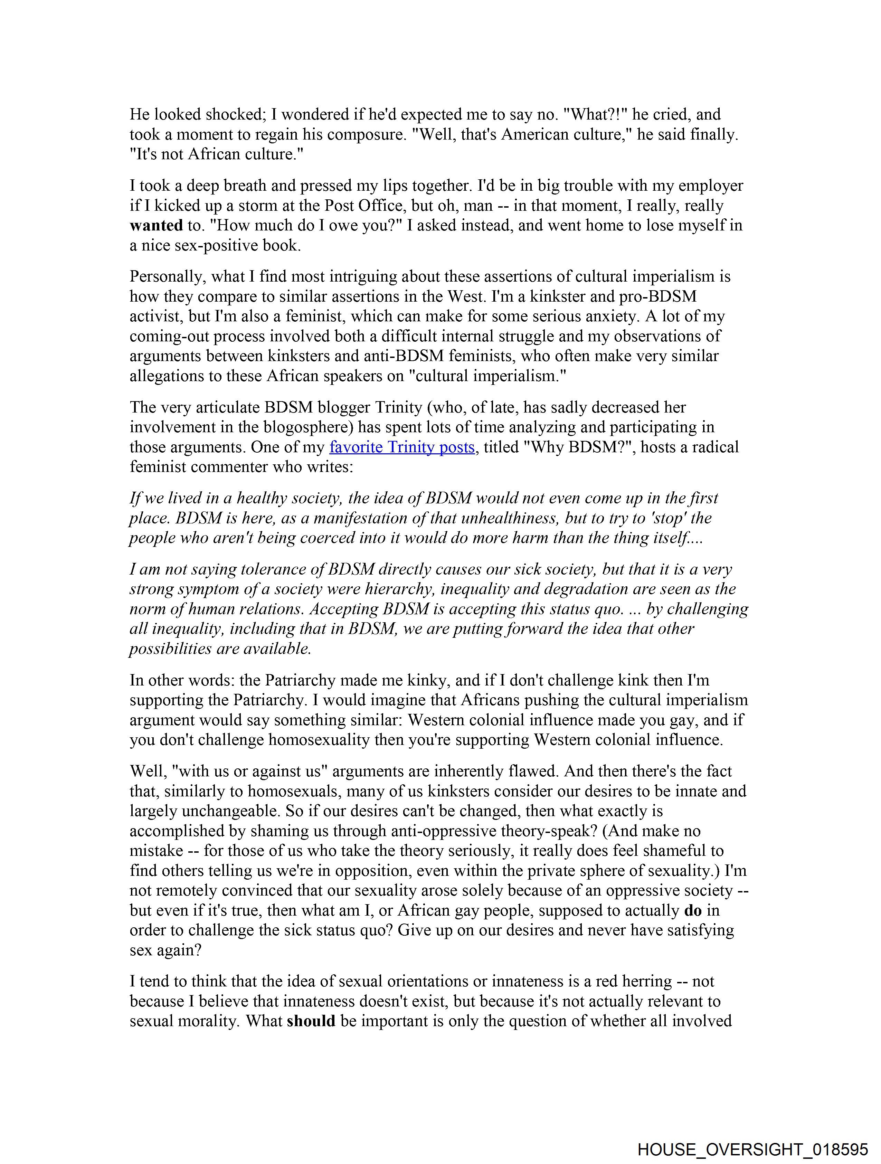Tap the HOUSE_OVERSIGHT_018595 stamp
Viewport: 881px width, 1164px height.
point(752,1149)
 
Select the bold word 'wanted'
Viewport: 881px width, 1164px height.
point(156,226)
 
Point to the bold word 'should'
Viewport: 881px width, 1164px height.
point(311,1021)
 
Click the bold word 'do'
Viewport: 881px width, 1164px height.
point(693,910)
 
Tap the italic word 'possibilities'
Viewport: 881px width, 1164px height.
point(171,649)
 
